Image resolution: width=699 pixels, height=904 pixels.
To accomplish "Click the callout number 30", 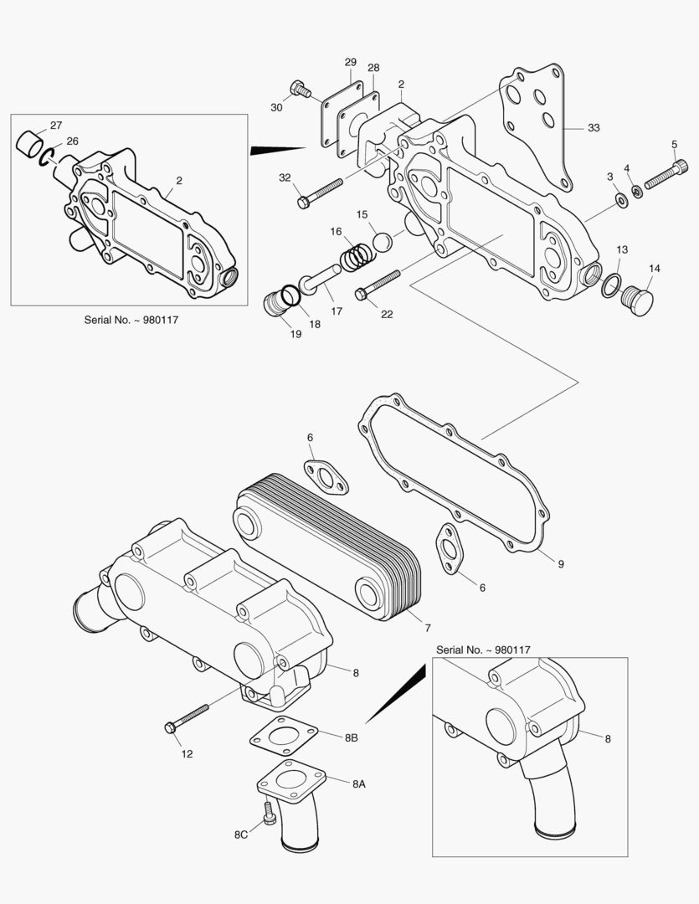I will [276, 106].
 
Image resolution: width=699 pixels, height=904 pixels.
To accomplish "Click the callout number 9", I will [560, 564].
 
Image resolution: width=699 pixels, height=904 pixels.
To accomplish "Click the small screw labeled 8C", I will [269, 814].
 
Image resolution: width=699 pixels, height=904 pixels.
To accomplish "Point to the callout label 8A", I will [358, 784].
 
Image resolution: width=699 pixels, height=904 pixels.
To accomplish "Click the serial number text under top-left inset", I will [131, 319].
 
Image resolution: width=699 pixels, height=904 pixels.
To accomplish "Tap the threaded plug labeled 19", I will [275, 305].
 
